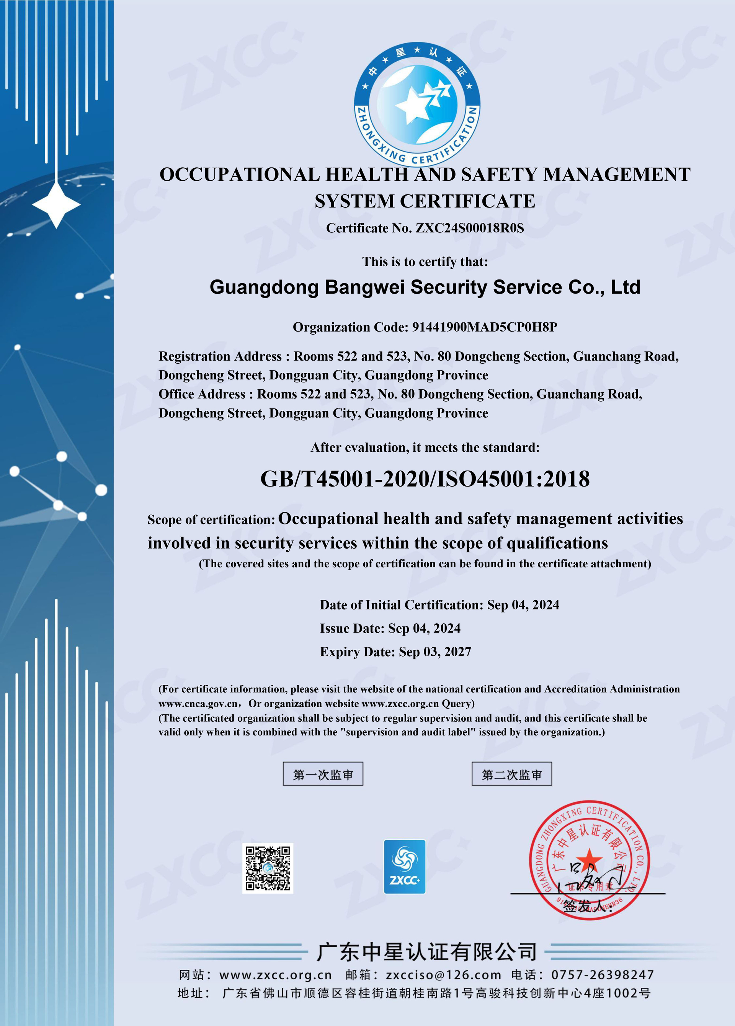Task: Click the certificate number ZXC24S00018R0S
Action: tap(469, 228)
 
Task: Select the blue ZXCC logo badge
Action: tap(404, 866)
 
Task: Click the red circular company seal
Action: tap(590, 860)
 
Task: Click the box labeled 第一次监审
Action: tap(323, 775)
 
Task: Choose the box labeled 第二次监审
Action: tap(511, 775)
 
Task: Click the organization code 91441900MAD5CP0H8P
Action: tap(484, 327)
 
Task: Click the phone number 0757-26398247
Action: tap(603, 974)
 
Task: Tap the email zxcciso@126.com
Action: tap(443, 974)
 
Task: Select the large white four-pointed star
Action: tap(56, 205)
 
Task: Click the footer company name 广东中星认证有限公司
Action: tap(426, 952)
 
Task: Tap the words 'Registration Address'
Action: tap(220, 356)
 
